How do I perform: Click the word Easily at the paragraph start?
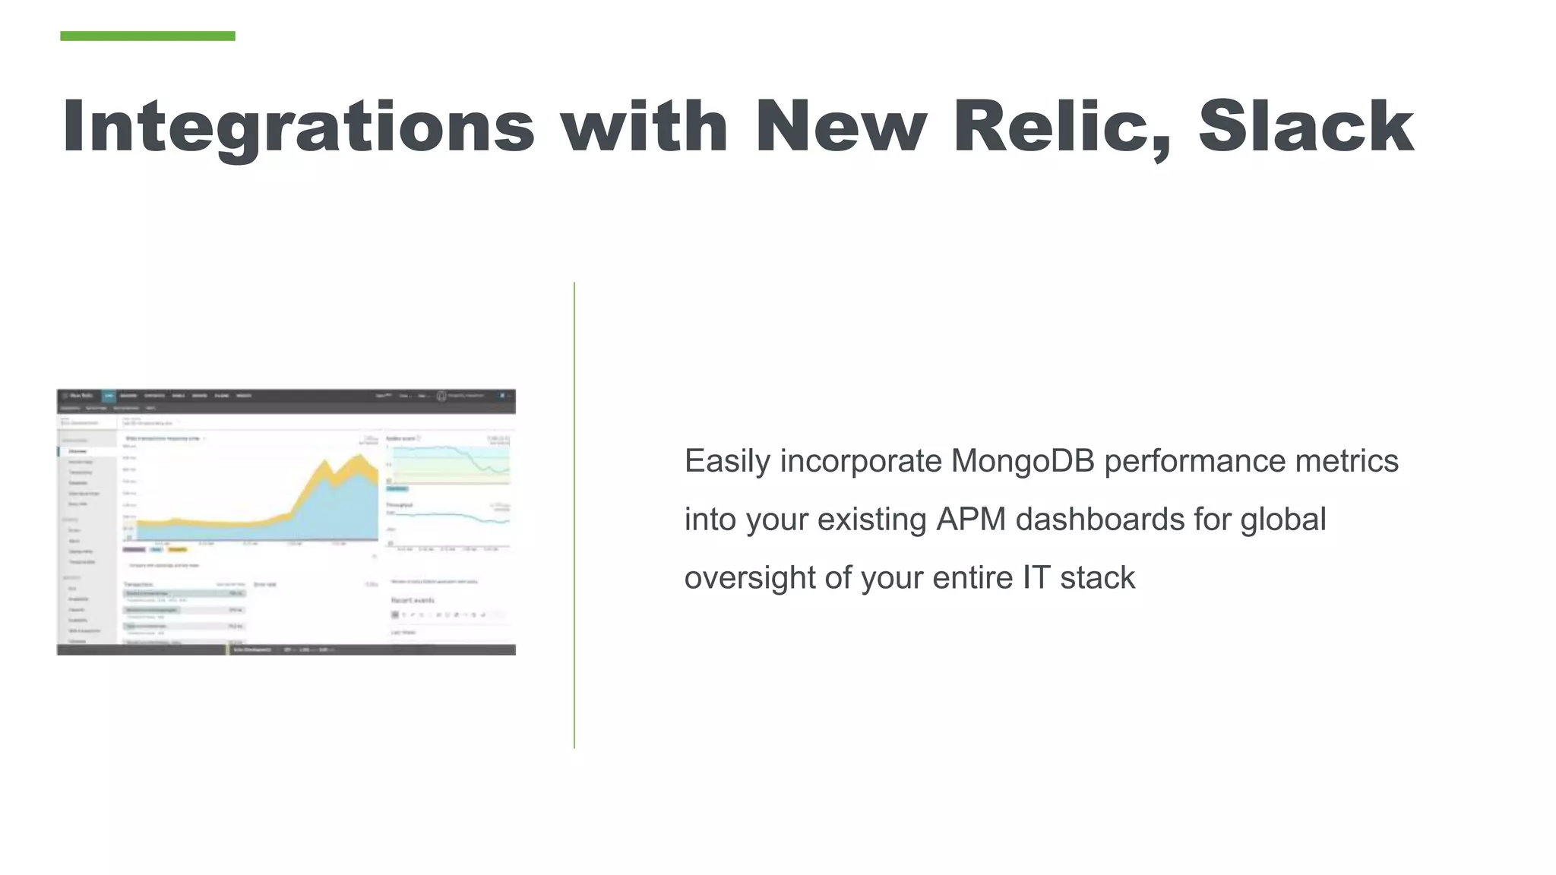point(727,462)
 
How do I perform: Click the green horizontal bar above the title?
point(147,36)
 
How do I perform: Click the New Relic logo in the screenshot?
point(78,396)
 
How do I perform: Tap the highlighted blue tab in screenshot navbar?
point(109,396)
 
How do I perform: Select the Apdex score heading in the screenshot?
point(401,438)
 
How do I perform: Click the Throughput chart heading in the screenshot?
point(400,504)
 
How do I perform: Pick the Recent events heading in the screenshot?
point(413,600)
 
